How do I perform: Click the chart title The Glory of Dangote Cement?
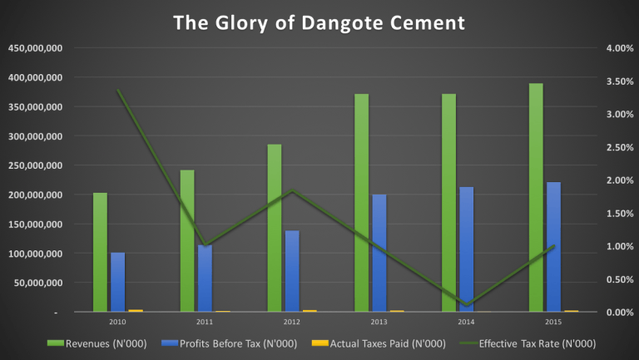tap(319, 22)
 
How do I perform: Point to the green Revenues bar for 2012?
tap(275, 228)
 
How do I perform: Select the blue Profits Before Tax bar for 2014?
tap(467, 249)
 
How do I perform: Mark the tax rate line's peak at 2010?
tap(117, 90)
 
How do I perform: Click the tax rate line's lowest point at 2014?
tap(467, 304)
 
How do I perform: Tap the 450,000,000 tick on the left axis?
tap(34, 48)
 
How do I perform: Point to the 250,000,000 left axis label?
tap(34, 165)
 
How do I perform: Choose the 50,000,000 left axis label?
tap(37, 283)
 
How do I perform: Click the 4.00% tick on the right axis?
tap(619, 48)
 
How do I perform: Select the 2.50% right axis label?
tap(619, 147)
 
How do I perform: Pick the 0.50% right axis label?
tap(619, 279)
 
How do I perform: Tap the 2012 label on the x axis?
tap(292, 321)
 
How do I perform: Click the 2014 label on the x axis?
tap(467, 321)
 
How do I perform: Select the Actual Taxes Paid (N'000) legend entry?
tap(379, 343)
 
